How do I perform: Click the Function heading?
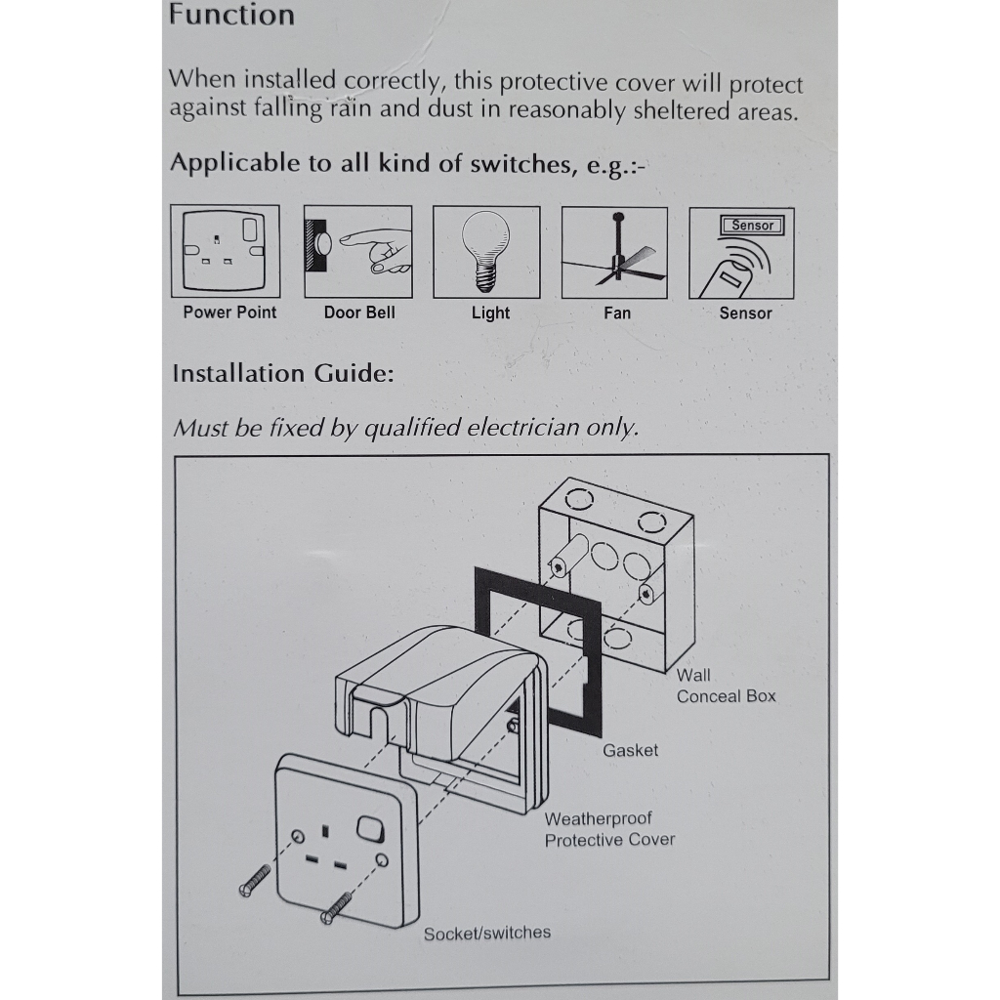(231, 15)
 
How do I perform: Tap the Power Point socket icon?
(225, 251)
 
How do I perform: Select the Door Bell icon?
(357, 251)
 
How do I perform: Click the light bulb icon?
(486, 251)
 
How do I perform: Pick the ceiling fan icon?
(614, 253)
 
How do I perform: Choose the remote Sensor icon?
(741, 253)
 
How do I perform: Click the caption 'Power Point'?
(229, 312)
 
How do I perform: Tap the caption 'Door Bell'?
(359, 312)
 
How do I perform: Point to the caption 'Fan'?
(617, 313)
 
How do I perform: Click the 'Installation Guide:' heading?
(283, 373)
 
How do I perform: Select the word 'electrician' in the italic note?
(523, 428)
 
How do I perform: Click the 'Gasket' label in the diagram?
(630, 750)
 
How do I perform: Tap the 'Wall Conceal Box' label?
(726, 686)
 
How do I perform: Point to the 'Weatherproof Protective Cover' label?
(609, 829)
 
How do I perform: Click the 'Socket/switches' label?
(486, 933)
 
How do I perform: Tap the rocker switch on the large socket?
(370, 829)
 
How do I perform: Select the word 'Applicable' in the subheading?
(235, 163)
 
